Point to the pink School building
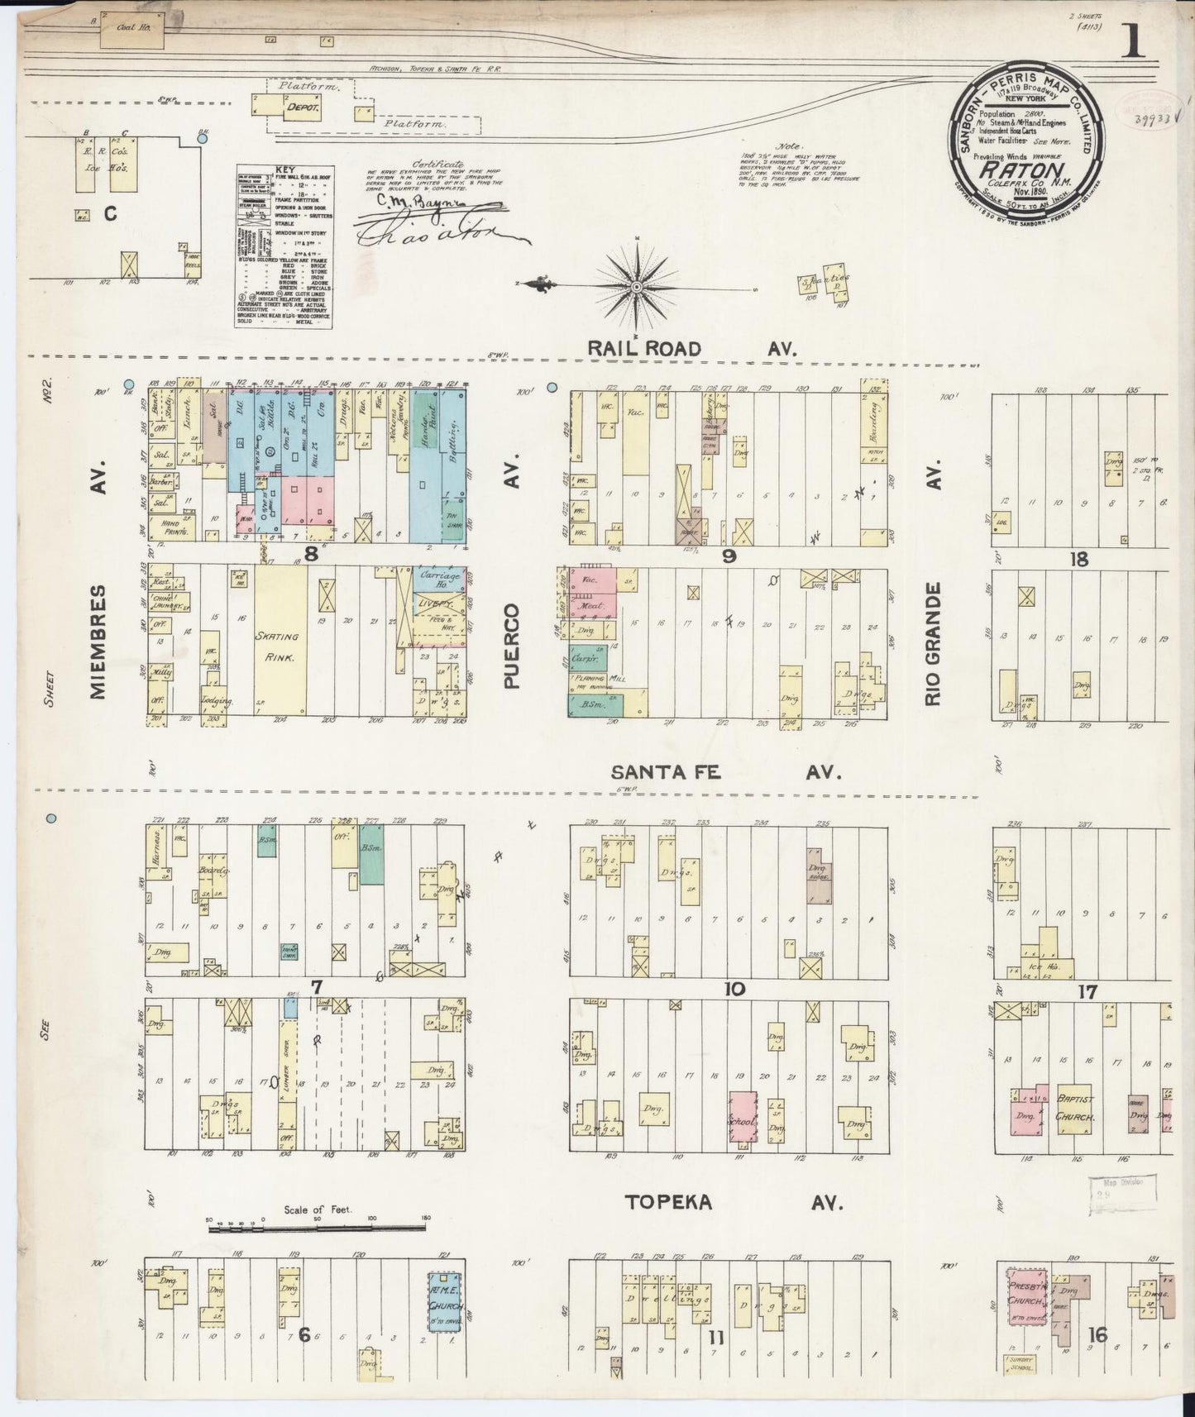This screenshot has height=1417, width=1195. (x=740, y=1120)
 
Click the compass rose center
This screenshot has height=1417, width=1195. (x=638, y=287)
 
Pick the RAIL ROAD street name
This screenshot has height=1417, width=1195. (x=644, y=349)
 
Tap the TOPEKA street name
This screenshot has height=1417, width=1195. (x=668, y=1202)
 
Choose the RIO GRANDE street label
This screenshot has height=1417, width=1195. (x=934, y=645)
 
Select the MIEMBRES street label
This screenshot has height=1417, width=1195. (x=100, y=642)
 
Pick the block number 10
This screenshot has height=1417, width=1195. (x=733, y=989)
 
